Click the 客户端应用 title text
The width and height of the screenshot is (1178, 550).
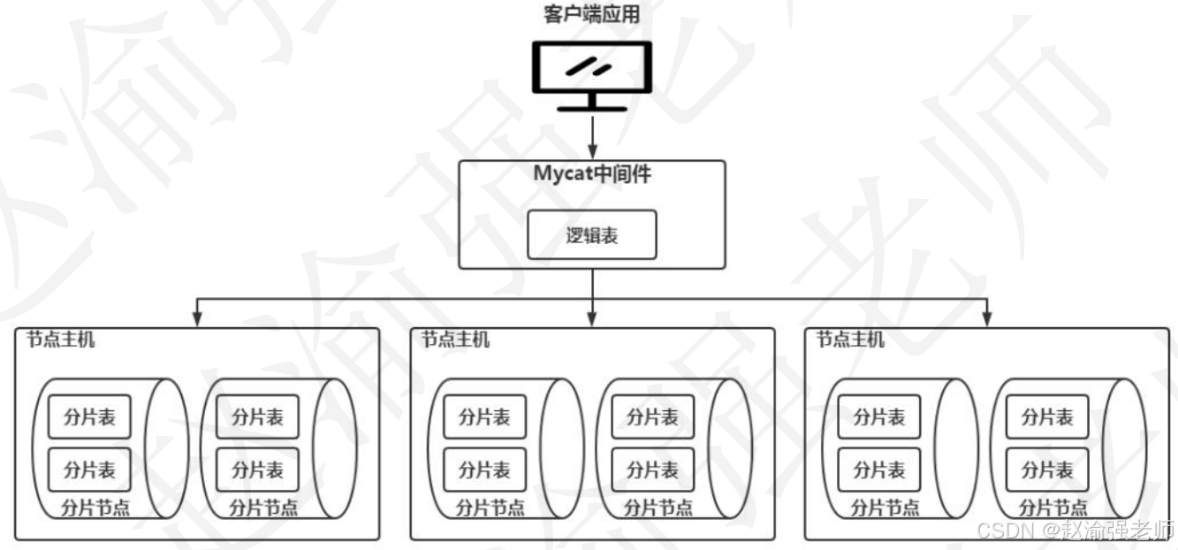tap(590, 15)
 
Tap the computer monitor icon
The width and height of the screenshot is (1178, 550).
tap(590, 69)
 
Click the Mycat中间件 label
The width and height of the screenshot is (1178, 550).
tap(592, 174)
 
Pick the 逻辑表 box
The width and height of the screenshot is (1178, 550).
tap(592, 234)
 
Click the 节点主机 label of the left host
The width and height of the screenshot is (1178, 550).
tap(60, 340)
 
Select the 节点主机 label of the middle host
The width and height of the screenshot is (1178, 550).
tap(455, 340)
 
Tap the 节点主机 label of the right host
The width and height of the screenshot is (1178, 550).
tap(850, 340)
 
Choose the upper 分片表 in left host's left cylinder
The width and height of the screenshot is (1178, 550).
tap(89, 416)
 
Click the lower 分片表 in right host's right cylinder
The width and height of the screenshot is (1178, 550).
tap(1047, 470)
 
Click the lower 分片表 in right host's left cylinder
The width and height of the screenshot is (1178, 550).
tap(878, 470)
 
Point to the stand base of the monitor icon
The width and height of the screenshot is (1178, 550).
tap(592, 107)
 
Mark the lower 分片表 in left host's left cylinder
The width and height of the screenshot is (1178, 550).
tap(89, 470)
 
